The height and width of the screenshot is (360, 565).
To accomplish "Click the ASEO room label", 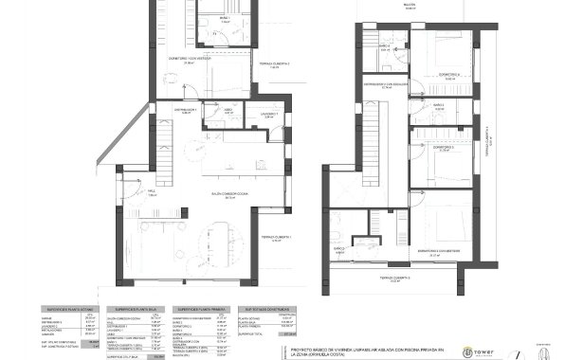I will (x=228, y=110).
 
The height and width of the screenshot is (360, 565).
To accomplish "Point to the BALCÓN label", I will (x=410, y=6).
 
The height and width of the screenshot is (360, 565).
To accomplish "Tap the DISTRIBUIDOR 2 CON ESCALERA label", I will (x=386, y=83).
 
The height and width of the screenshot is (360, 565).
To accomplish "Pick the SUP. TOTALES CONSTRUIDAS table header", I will (x=268, y=309).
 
